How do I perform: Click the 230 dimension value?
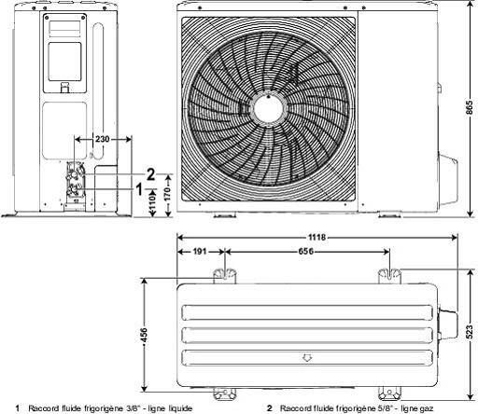[x=103, y=139]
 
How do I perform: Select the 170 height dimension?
[x=167, y=194]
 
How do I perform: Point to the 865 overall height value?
[x=470, y=107]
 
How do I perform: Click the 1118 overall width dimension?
[x=316, y=238]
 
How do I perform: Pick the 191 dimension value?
[x=200, y=251]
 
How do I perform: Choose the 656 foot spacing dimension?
[x=306, y=251]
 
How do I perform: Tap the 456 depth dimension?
[x=144, y=335]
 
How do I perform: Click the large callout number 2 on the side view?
[x=150, y=174]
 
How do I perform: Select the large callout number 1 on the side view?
[x=140, y=189]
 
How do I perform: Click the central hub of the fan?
[x=268, y=109]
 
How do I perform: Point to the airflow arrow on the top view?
[x=307, y=358]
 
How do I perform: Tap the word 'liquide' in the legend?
[x=180, y=408]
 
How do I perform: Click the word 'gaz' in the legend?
[x=426, y=408]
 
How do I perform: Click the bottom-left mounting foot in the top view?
[x=224, y=393]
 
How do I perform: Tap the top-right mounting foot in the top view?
[x=389, y=276]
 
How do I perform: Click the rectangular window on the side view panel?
[x=64, y=62]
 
